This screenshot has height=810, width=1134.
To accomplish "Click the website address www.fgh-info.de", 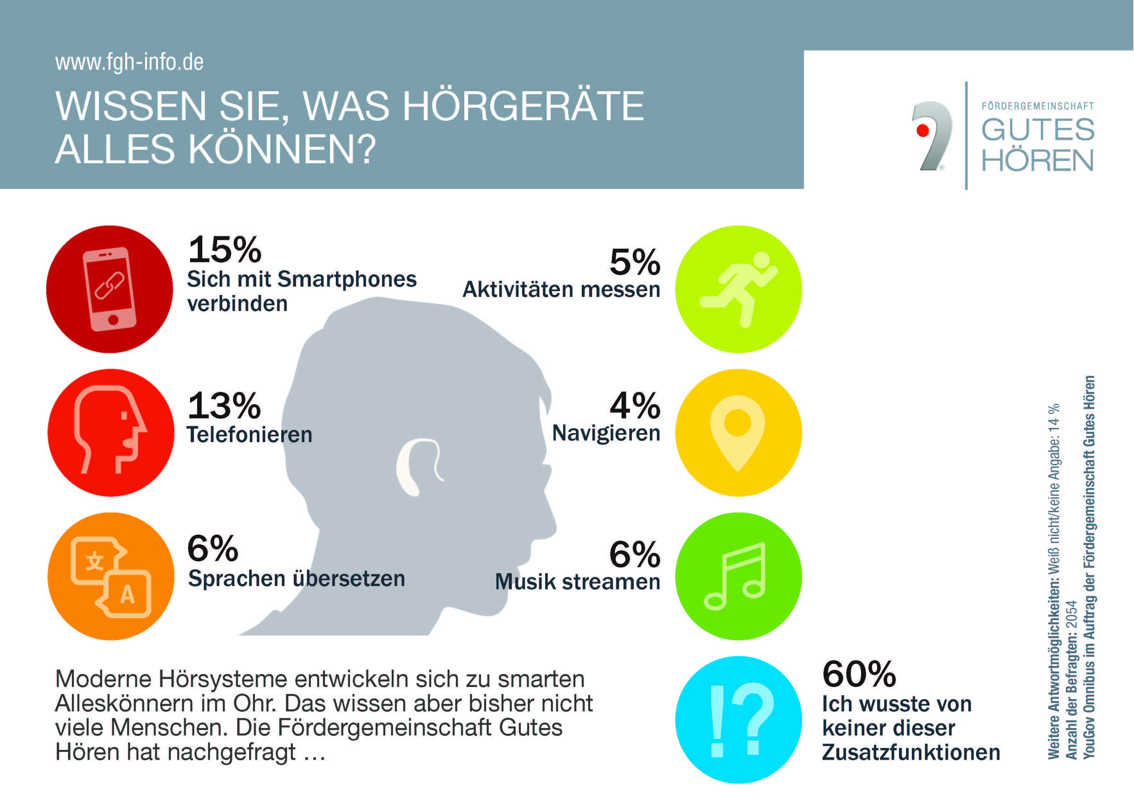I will click(129, 62).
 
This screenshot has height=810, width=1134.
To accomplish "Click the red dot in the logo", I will click(923, 131).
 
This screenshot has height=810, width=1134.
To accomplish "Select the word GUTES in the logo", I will click(1038, 130).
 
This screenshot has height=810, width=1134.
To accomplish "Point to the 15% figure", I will click(225, 250).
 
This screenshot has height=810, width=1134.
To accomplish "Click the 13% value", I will click(224, 406).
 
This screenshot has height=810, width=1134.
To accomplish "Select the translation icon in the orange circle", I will click(111, 577).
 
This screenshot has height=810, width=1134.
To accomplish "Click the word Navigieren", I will click(606, 433).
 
